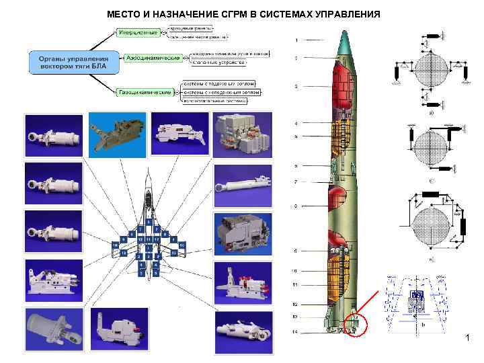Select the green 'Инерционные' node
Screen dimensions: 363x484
pos(139,32)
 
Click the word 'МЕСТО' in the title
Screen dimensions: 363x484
pos(126,13)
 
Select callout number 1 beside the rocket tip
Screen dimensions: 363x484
pos(296,40)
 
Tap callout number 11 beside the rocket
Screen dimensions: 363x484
pos(295,285)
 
